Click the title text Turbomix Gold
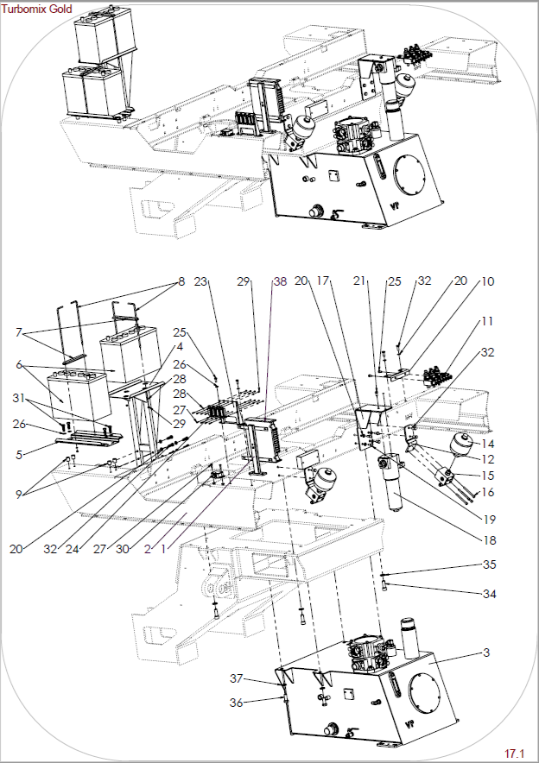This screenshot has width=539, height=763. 36,9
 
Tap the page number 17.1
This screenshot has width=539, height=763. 514,754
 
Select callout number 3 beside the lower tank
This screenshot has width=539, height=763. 486,653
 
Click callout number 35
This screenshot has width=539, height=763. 490,564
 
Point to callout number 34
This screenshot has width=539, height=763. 490,594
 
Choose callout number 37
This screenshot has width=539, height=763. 236,678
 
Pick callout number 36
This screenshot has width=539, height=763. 236,703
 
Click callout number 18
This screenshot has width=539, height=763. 490,540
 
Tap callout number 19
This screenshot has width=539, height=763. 490,520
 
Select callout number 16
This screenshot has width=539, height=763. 487,493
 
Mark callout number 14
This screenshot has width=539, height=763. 487,444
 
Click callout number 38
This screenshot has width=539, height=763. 280,281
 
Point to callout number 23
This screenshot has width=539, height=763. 200,281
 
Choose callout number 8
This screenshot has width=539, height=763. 181,281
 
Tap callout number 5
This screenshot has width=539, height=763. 19,455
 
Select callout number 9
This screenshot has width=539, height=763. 19,495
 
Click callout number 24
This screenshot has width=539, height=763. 72,549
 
